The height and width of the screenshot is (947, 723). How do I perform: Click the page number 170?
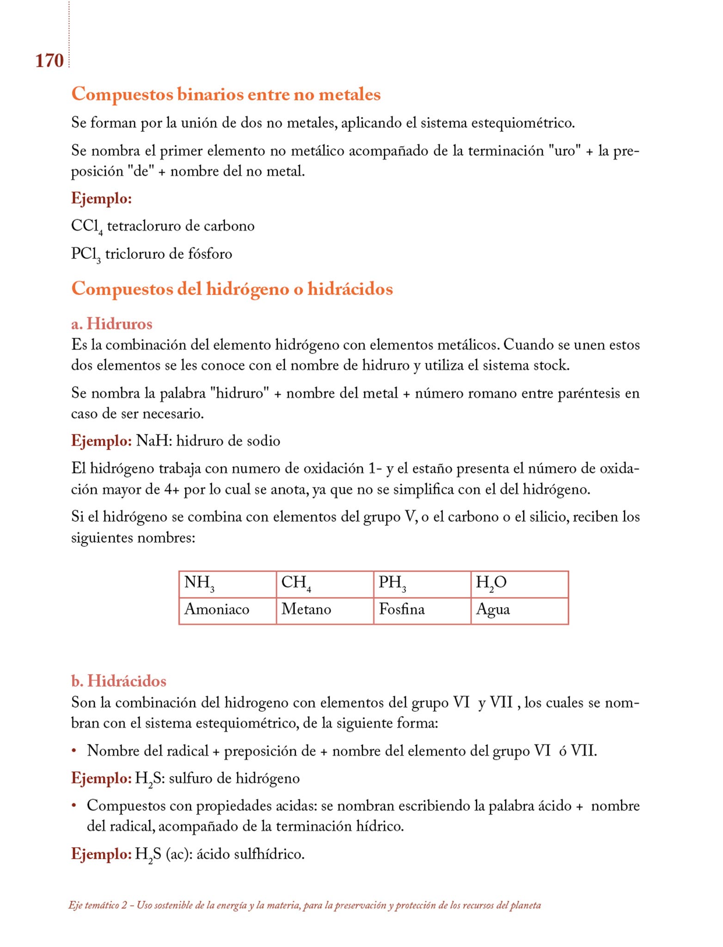click(49, 61)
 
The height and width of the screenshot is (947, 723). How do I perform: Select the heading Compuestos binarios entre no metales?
click(226, 94)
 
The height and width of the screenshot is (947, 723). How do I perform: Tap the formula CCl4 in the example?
click(87, 227)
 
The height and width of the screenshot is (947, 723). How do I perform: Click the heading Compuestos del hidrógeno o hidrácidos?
click(232, 289)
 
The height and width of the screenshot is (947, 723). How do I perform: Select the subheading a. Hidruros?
click(111, 324)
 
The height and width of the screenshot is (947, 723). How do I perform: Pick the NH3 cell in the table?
click(227, 584)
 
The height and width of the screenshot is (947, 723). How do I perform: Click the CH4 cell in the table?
click(325, 584)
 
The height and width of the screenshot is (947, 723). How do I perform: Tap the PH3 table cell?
click(422, 584)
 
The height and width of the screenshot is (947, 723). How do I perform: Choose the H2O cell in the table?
click(520, 584)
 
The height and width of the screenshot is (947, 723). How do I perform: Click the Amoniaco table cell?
click(227, 610)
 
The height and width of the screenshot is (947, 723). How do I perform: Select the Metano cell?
click(325, 610)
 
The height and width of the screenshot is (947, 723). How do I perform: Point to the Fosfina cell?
click(422, 610)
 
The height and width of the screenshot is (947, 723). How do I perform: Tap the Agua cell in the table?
click(520, 610)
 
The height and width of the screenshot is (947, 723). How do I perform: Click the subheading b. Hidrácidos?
click(119, 681)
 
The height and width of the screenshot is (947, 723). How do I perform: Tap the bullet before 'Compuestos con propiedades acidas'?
click(74, 806)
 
